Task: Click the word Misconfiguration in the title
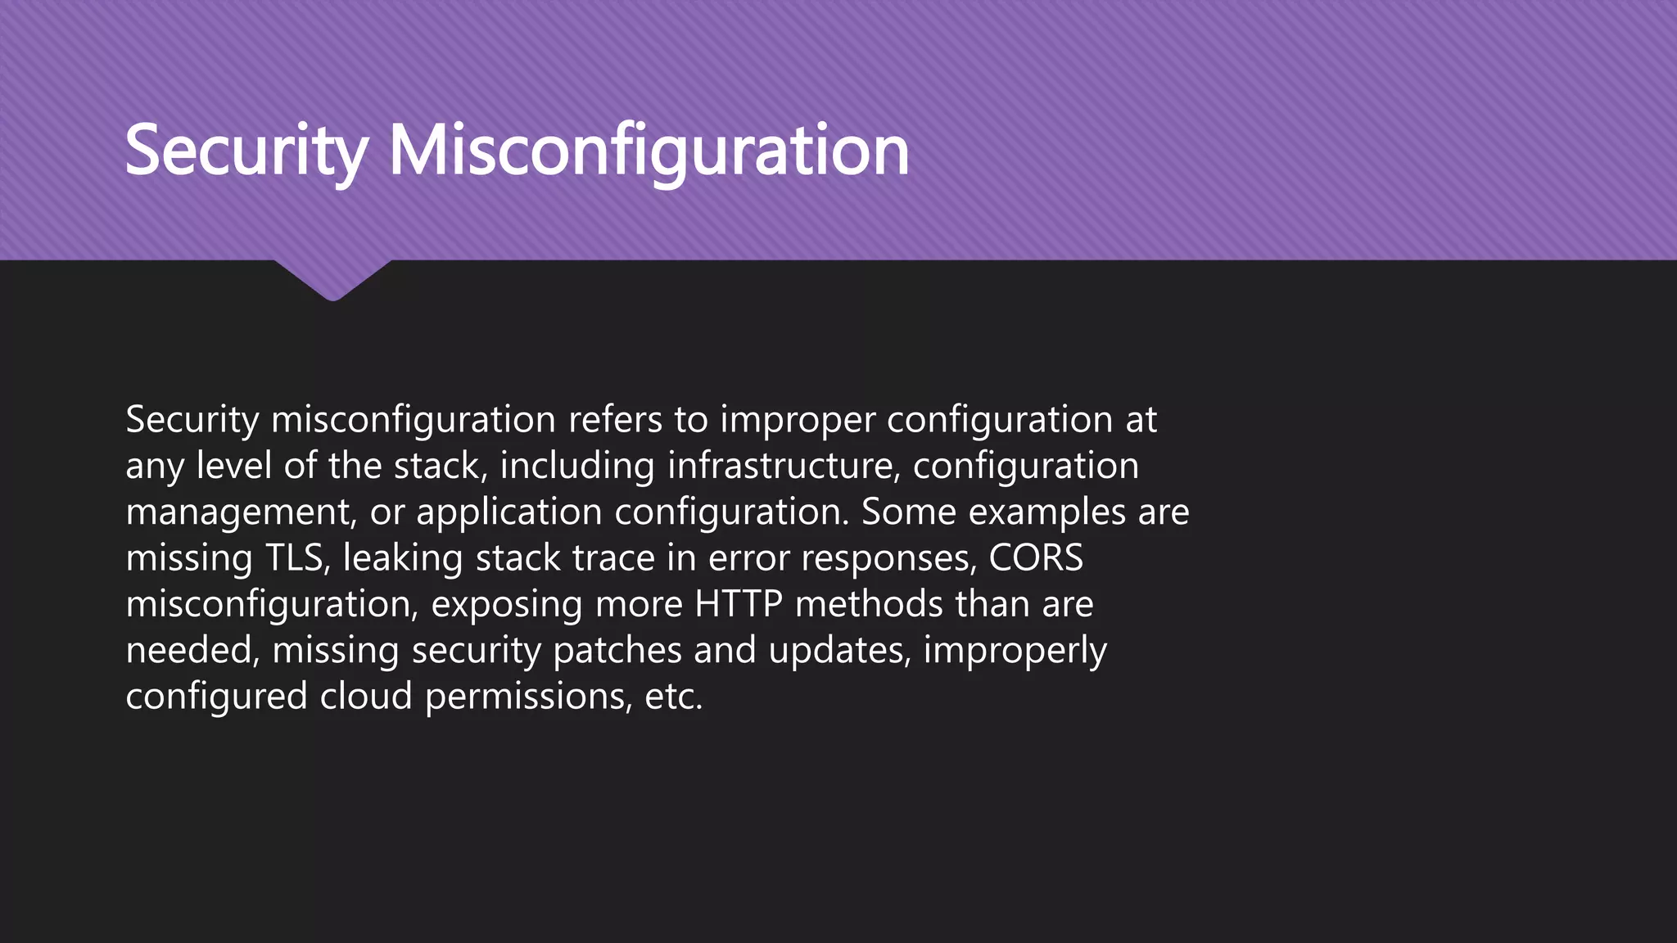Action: (649, 151)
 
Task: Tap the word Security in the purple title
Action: (246, 151)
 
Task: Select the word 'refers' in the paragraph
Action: (615, 420)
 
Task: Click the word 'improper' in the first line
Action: (798, 420)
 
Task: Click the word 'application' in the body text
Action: (509, 512)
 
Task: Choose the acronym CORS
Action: (1036, 558)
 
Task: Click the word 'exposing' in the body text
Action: (507, 606)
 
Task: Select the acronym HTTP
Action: (739, 604)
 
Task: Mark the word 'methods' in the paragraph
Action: (869, 604)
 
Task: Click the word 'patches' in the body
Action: (617, 651)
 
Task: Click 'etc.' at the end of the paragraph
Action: (673, 697)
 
